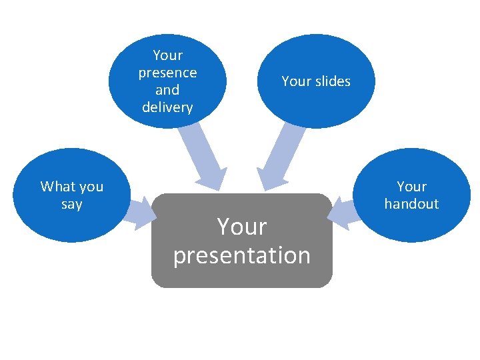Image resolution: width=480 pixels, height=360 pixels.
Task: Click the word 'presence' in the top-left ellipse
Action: tap(167, 72)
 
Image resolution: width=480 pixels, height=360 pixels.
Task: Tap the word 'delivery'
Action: tap(167, 107)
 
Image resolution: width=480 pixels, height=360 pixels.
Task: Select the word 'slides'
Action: tap(333, 81)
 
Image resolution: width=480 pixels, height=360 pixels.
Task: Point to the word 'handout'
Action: tap(411, 204)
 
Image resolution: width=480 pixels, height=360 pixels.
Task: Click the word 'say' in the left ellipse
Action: tap(71, 205)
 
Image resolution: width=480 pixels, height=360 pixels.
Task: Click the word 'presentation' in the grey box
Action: tap(241, 255)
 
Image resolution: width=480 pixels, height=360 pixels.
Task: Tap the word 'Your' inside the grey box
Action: tap(241, 227)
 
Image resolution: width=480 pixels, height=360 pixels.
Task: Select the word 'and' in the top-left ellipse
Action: tap(167, 89)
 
